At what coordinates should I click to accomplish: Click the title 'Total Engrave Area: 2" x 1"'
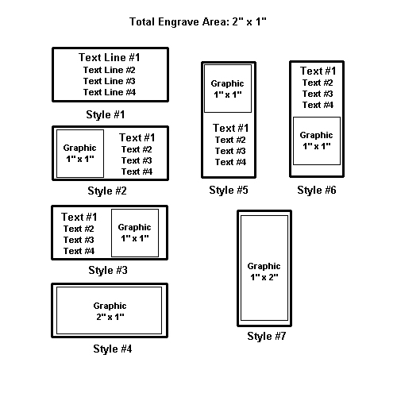198,21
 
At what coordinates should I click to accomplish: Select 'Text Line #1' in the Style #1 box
110,57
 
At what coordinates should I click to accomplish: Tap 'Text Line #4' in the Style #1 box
110,92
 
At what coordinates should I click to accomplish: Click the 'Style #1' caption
106,114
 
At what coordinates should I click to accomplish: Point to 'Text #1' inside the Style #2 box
137,137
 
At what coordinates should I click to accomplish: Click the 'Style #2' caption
107,191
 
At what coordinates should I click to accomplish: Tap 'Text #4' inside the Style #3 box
79,251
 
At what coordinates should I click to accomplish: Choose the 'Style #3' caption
108,270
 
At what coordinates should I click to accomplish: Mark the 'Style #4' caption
113,349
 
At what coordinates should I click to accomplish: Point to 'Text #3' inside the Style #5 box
230,151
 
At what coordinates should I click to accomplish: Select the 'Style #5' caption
229,190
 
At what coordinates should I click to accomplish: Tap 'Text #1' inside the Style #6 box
318,71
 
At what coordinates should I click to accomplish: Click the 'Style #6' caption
317,190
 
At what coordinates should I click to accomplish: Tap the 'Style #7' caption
267,336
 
